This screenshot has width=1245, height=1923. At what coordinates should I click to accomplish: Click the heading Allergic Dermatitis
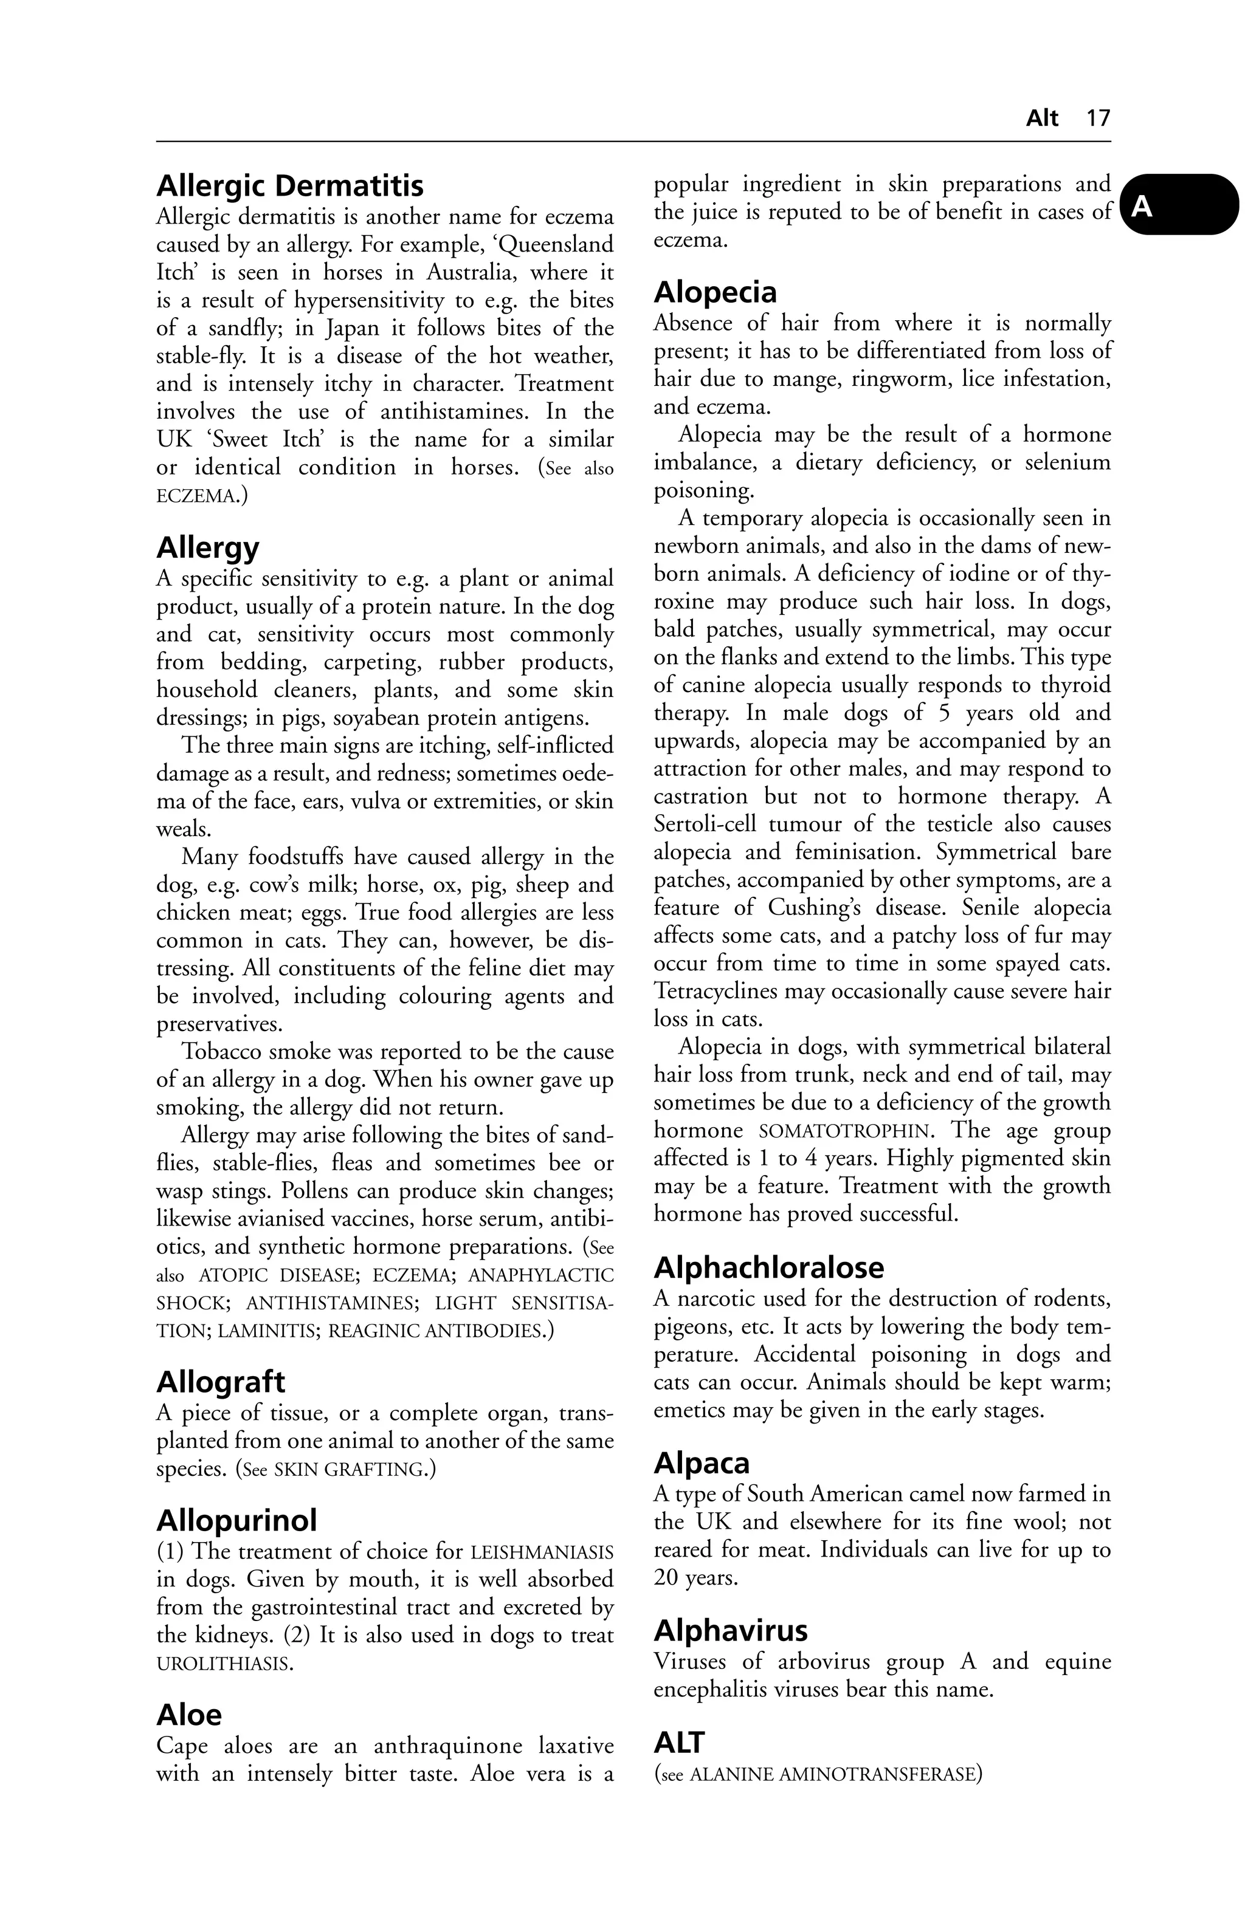289,186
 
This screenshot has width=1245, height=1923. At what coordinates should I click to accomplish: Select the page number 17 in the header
1098,118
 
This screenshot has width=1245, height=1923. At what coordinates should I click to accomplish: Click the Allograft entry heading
220,1382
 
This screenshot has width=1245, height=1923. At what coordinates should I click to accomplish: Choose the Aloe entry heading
188,1715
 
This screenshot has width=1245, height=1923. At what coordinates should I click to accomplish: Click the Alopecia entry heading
715,292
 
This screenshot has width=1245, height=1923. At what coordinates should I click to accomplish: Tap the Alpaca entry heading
701,1462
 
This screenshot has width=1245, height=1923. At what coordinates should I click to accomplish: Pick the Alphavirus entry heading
730,1631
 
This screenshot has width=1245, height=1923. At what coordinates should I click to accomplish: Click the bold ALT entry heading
678,1742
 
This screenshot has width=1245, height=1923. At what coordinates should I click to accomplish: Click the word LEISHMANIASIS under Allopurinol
541,1552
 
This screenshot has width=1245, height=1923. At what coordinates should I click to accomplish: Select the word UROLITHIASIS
222,1664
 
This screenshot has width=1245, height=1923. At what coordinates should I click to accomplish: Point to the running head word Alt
1041,118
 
